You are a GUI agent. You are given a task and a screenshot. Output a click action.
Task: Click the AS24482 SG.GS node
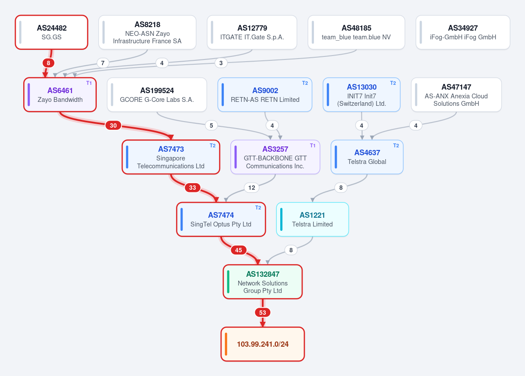click(x=52, y=32)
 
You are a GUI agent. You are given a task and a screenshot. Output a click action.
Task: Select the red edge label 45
click(x=238, y=250)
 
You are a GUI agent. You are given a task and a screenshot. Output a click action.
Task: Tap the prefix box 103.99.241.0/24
click(x=263, y=344)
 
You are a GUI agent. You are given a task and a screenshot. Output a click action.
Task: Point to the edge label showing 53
click(x=263, y=313)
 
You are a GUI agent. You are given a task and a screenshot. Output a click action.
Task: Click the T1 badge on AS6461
click(x=89, y=83)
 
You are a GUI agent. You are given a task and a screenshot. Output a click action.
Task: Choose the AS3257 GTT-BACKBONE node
click(x=275, y=157)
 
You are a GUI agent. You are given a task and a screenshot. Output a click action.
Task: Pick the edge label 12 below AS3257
click(x=252, y=188)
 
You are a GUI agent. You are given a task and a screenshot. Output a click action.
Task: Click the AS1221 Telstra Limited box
click(x=312, y=219)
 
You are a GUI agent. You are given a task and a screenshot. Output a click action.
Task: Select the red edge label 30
click(x=113, y=125)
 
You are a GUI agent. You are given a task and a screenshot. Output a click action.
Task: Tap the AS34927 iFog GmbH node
click(x=463, y=32)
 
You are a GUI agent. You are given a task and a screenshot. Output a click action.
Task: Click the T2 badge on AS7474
click(x=258, y=208)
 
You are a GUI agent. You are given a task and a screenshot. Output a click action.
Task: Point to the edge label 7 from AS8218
click(x=103, y=63)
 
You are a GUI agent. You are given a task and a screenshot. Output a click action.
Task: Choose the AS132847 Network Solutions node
click(x=263, y=282)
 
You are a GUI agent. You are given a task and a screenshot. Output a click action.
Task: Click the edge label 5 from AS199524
click(x=211, y=125)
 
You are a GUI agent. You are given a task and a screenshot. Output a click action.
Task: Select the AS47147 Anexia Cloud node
click(x=456, y=95)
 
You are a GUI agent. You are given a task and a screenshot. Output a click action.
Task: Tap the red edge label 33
click(x=193, y=188)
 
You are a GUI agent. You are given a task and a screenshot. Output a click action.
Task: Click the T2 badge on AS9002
click(x=305, y=83)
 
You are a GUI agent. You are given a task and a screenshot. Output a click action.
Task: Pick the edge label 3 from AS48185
click(x=221, y=63)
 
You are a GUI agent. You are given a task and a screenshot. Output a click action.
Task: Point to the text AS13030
click(x=362, y=87)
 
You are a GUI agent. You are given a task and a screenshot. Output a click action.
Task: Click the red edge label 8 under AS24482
click(x=49, y=63)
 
